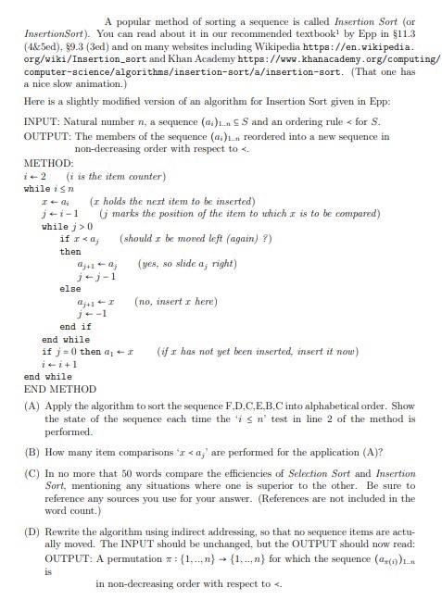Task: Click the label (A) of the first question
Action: pyautogui.click(x=31, y=406)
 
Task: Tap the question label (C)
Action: pyautogui.click(x=31, y=472)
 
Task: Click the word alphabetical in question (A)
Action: pyautogui.click(x=310, y=406)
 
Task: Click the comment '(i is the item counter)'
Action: pyautogui.click(x=116, y=176)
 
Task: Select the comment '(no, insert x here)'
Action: pyautogui.click(x=176, y=301)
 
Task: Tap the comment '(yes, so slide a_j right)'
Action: pyautogui.click(x=187, y=264)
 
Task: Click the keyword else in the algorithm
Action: pyautogui.click(x=69, y=289)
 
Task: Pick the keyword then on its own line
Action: pyautogui.click(x=70, y=251)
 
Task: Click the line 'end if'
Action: pyautogui.click(x=75, y=326)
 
